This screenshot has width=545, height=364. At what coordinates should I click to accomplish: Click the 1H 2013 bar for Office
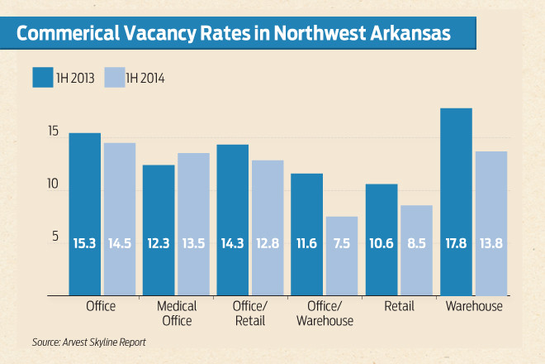[x=85, y=213]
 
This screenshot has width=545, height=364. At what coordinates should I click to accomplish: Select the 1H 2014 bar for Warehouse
[x=490, y=223]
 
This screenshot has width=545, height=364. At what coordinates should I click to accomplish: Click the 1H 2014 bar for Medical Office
[x=194, y=223]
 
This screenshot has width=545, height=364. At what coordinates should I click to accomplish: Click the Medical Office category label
[x=177, y=314]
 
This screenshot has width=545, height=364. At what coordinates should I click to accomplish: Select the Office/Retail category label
[x=251, y=314]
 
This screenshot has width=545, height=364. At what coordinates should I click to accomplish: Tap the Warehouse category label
[x=473, y=307]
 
